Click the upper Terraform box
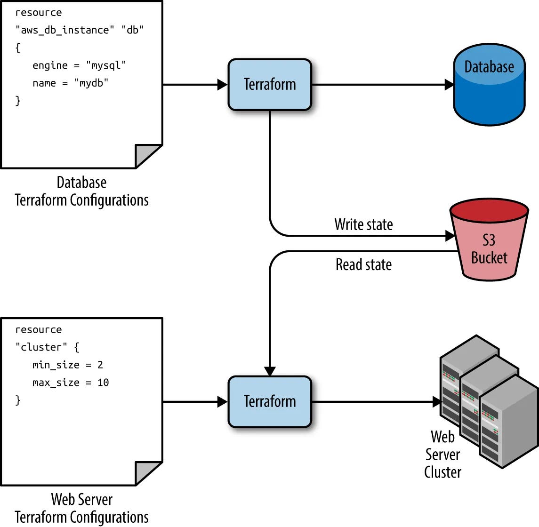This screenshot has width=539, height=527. click(x=270, y=85)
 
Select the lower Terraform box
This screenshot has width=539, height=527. click(x=270, y=402)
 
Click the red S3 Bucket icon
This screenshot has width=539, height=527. click(x=489, y=242)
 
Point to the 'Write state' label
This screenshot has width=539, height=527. click(x=363, y=224)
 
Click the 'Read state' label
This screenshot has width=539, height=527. click(x=363, y=265)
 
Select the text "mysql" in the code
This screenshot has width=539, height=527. click(x=106, y=65)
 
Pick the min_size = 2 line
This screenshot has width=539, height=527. click(x=67, y=365)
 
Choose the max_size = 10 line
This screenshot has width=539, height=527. click(x=71, y=383)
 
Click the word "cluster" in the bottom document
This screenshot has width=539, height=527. click(x=41, y=347)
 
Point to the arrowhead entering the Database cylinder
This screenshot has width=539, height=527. click(x=449, y=85)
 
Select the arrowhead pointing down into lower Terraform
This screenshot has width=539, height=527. click(x=270, y=371)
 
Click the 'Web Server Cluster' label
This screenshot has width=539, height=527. click(x=442, y=455)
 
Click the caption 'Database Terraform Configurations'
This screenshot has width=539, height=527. click(x=81, y=192)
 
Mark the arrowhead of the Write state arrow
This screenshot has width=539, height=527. click(x=450, y=235)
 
